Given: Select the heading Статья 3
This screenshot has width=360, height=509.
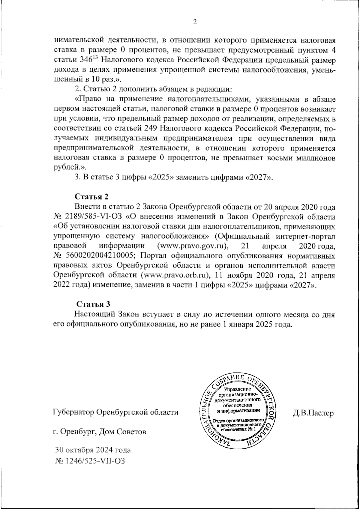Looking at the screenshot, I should click(x=93, y=304).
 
